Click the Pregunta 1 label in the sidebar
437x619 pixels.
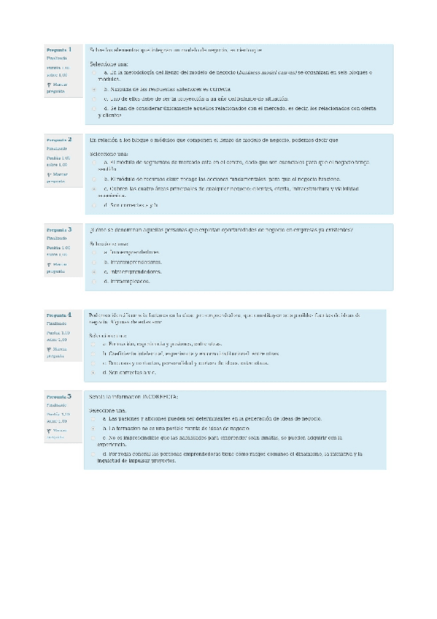(59, 49)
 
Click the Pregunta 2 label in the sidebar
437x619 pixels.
(59, 139)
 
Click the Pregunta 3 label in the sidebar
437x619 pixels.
(59, 228)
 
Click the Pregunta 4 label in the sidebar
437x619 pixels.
(59, 313)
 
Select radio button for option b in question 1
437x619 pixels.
(95, 88)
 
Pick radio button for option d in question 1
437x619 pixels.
(95, 108)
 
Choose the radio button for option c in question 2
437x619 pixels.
(95, 188)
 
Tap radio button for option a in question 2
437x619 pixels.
(95, 162)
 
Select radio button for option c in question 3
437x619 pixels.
(95, 271)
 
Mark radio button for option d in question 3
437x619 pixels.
(95, 280)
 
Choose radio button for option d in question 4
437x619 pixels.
(95, 372)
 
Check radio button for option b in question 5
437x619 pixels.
(95, 428)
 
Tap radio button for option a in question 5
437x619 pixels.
(95, 419)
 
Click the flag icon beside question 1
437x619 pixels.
(48, 85)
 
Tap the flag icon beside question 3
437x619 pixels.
(48, 264)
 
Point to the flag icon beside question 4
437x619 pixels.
(48, 350)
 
